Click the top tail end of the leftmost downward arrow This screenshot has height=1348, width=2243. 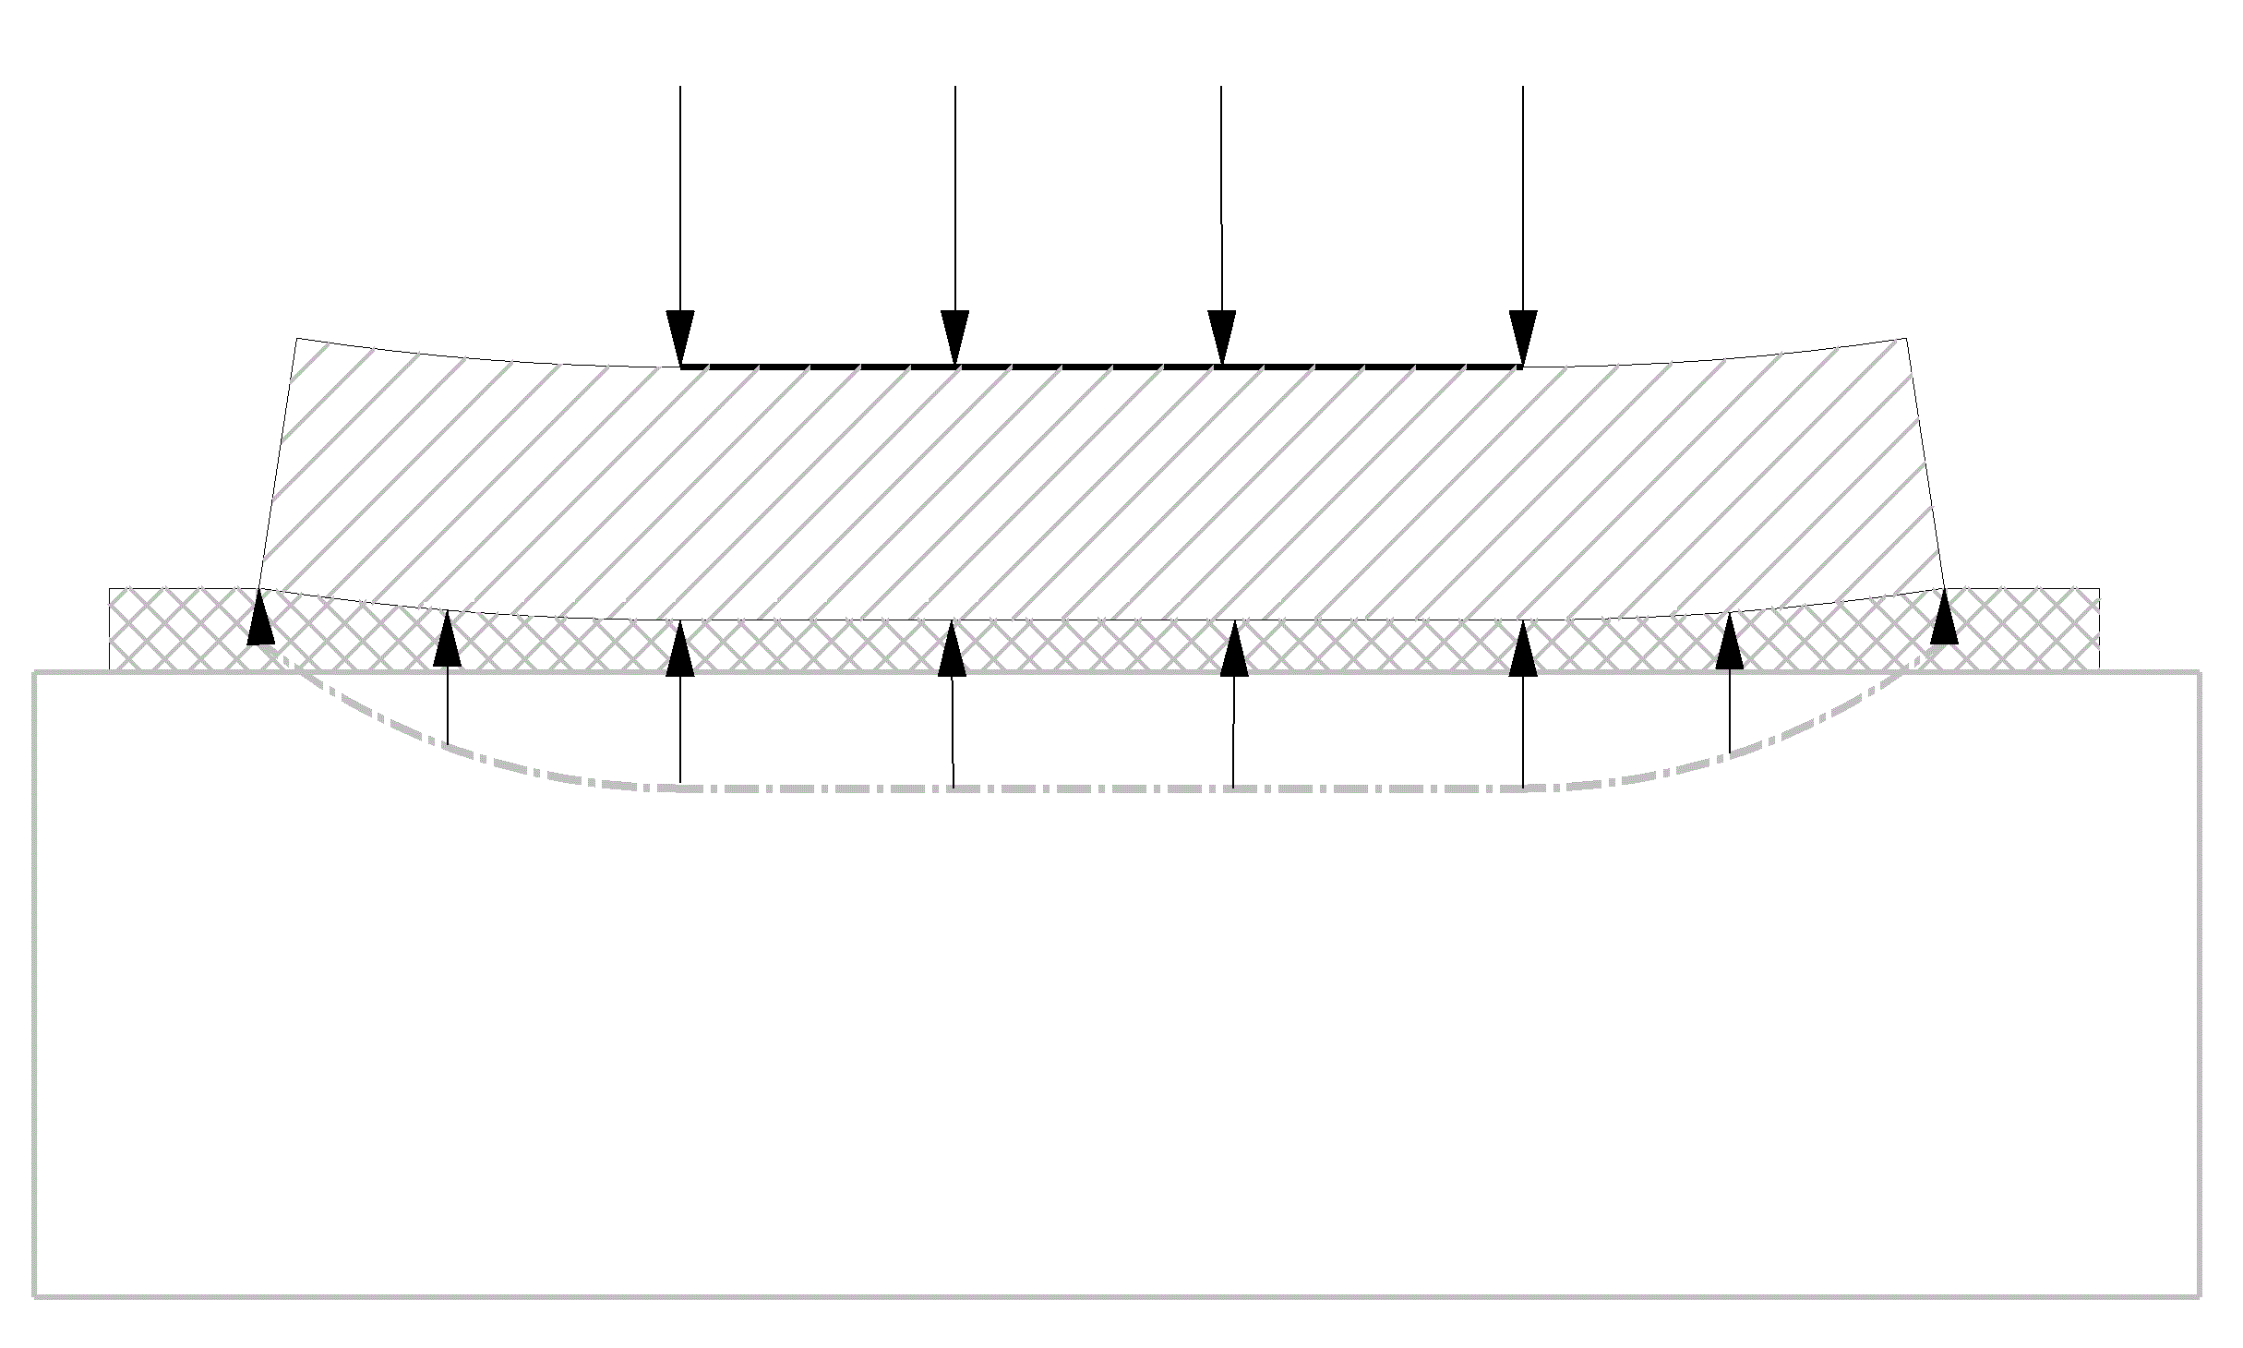[x=680, y=88]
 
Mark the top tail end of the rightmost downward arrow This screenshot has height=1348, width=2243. [x=1522, y=88]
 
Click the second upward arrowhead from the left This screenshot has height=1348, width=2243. [x=447, y=638]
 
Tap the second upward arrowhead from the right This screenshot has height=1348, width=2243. [x=1729, y=640]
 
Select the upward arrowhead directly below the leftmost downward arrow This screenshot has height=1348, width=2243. [x=680, y=648]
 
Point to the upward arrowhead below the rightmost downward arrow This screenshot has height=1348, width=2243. [x=1523, y=648]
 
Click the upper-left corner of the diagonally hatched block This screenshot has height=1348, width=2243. [x=296, y=339]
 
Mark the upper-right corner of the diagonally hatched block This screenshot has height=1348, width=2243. [x=1906, y=339]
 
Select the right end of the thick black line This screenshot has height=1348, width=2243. [x=1520, y=367]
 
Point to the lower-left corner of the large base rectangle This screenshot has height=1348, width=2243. [x=35, y=1296]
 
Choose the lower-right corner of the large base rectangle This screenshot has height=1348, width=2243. [x=2201, y=1296]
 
